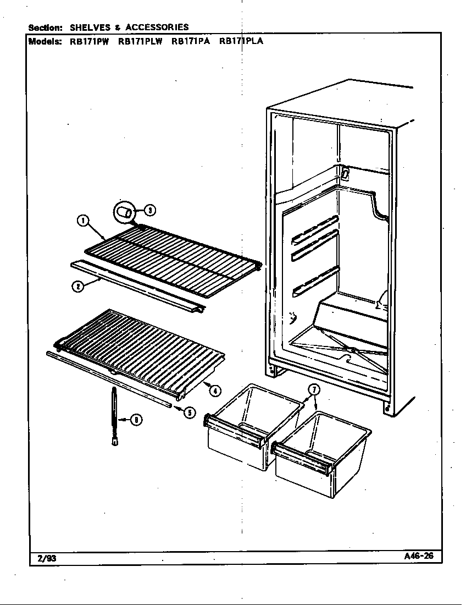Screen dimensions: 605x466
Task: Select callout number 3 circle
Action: pos(149,210)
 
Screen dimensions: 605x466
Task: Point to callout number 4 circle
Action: pos(215,391)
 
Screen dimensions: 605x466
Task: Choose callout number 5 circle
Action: pos(189,412)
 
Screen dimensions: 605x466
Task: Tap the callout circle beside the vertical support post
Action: pos(136,421)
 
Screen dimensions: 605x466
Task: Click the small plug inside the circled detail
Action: pos(126,212)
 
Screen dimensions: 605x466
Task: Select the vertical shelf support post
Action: pos(114,417)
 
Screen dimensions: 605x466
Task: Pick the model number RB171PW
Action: pos(88,41)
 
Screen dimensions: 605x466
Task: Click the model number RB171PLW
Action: pos(140,41)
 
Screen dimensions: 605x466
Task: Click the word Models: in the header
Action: pos(45,41)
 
